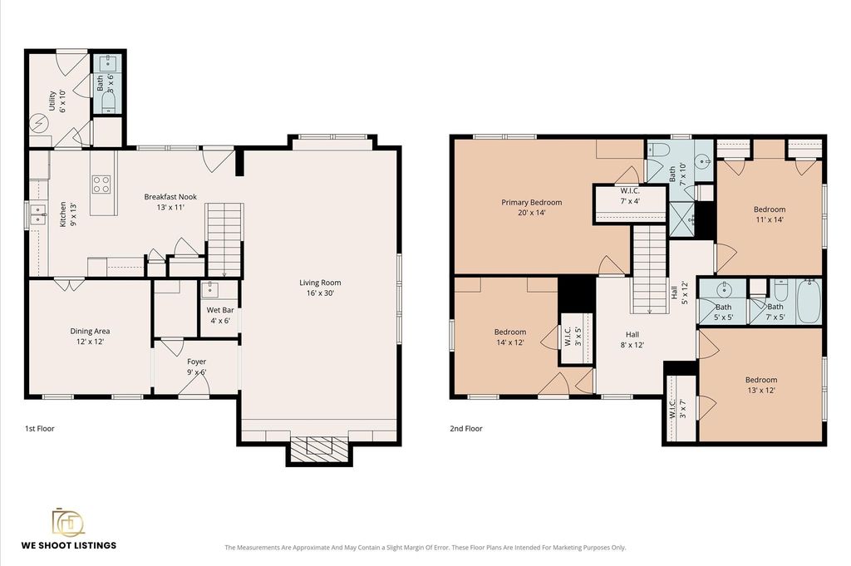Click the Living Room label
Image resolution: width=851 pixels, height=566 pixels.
[320, 283]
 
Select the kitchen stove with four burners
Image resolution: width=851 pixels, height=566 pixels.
[101, 185]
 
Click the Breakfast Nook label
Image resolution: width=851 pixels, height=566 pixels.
[170, 197]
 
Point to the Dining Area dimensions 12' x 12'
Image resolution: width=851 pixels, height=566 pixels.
[90, 342]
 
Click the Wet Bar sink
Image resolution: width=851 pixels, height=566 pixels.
[209, 290]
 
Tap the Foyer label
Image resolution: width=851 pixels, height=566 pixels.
[196, 362]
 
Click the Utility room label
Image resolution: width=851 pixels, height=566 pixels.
[52, 101]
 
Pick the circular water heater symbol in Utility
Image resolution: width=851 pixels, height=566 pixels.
[38, 124]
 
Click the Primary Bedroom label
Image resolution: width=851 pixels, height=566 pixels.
[531, 203]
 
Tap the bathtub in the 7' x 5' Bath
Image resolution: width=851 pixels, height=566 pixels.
[808, 302]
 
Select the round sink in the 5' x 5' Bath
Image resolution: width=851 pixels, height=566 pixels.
[724, 288]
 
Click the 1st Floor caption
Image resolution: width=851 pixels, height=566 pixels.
[40, 429]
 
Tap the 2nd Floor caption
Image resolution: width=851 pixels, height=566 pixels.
[466, 429]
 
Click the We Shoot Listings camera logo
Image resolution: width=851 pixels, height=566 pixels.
[68, 522]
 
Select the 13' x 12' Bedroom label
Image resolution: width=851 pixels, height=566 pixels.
[761, 380]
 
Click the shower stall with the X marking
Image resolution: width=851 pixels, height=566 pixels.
[682, 219]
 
